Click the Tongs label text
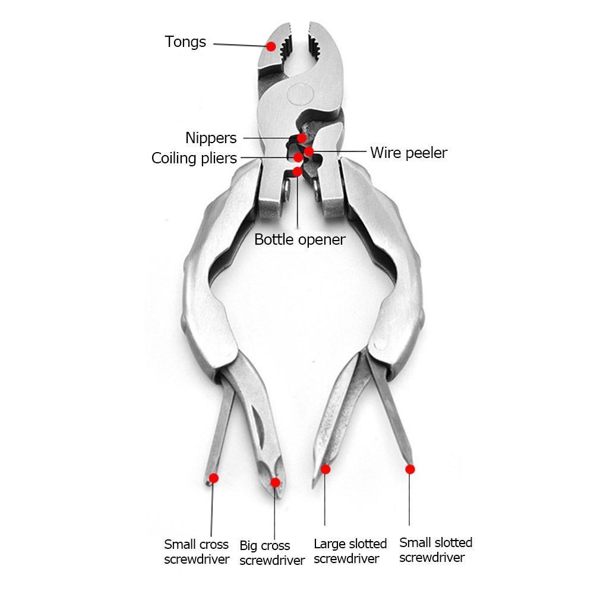pyautogui.click(x=185, y=42)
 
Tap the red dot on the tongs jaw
pyautogui.click(x=271, y=46)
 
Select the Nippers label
pyautogui.click(x=211, y=138)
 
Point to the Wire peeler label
pyautogui.click(x=409, y=153)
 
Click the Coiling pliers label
pyautogui.click(x=194, y=159)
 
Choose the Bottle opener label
pyautogui.click(x=299, y=239)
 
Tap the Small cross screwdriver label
pyautogui.click(x=197, y=552)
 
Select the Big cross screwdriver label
pyautogui.click(x=272, y=553)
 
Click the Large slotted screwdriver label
pyautogui.click(x=350, y=551)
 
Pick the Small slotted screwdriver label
pyautogui.click(x=435, y=550)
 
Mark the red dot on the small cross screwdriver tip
pyautogui.click(x=214, y=478)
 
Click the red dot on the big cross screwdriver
pyautogui.click(x=274, y=482)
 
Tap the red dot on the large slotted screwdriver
pyautogui.click(x=326, y=469)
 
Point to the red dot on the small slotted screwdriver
pyautogui.click(x=409, y=469)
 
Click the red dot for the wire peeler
pyautogui.click(x=309, y=151)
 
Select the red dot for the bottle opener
pyautogui.click(x=297, y=172)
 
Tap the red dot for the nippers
pyautogui.click(x=302, y=138)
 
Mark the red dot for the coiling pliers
pyautogui.click(x=298, y=158)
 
